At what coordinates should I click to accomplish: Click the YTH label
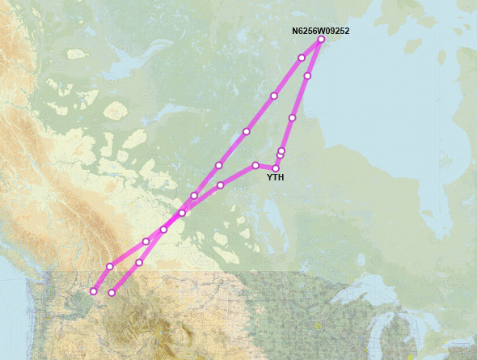(275, 177)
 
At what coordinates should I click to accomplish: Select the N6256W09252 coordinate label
(320, 31)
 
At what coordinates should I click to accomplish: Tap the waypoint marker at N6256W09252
(321, 39)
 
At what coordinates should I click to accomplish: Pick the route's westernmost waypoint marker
(94, 291)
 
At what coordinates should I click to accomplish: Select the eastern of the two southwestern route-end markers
(112, 293)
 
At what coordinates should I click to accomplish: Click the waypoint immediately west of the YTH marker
(255, 165)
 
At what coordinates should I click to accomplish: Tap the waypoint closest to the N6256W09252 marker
(302, 57)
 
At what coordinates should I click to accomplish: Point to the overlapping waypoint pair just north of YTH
(281, 153)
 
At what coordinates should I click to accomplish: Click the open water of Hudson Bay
(380, 121)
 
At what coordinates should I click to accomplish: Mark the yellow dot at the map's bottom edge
(410, 357)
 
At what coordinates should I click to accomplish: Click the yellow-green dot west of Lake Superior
(318, 326)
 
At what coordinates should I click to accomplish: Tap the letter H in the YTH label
(281, 177)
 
